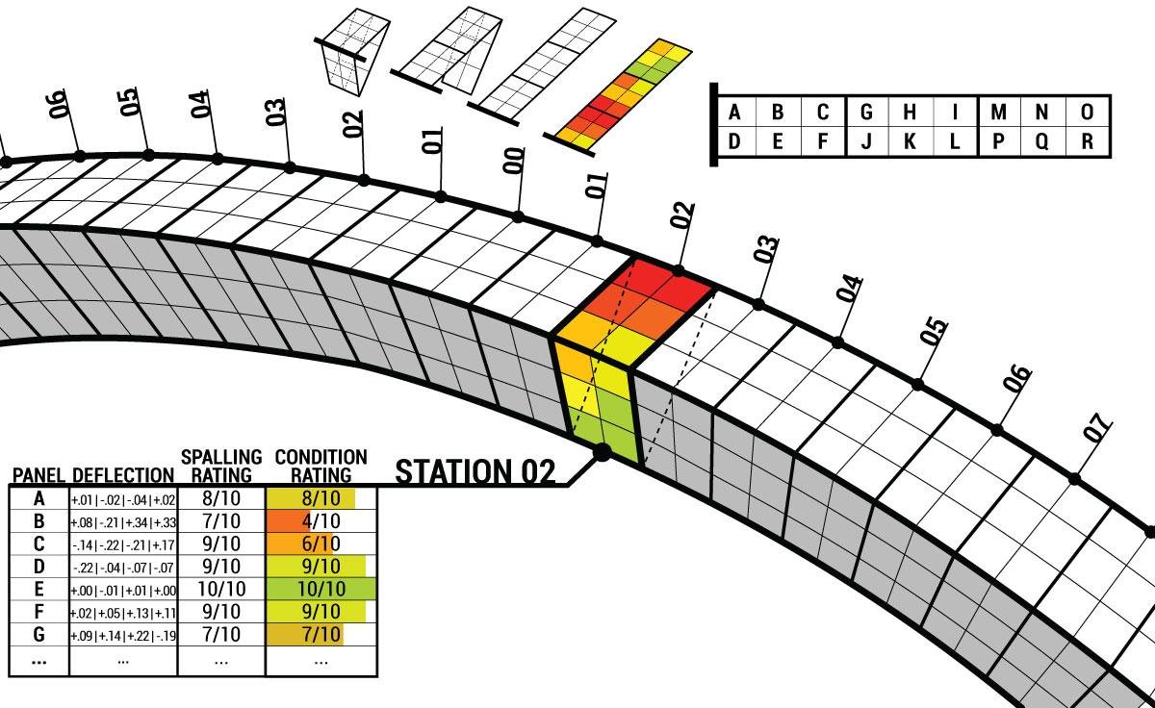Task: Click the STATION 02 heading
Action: click(475, 471)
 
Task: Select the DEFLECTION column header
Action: click(122, 475)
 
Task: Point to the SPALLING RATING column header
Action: click(221, 466)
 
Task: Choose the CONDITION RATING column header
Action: click(321, 466)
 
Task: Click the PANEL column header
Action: click(38, 475)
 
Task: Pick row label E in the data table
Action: click(39, 588)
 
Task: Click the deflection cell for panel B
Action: click(123, 521)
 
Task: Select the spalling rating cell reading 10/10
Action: click(221, 588)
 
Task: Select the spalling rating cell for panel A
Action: click(221, 498)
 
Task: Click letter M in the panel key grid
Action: click(998, 113)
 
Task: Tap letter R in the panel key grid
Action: click(1088, 140)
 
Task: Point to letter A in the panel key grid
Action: click(735, 113)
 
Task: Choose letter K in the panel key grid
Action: click(910, 140)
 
